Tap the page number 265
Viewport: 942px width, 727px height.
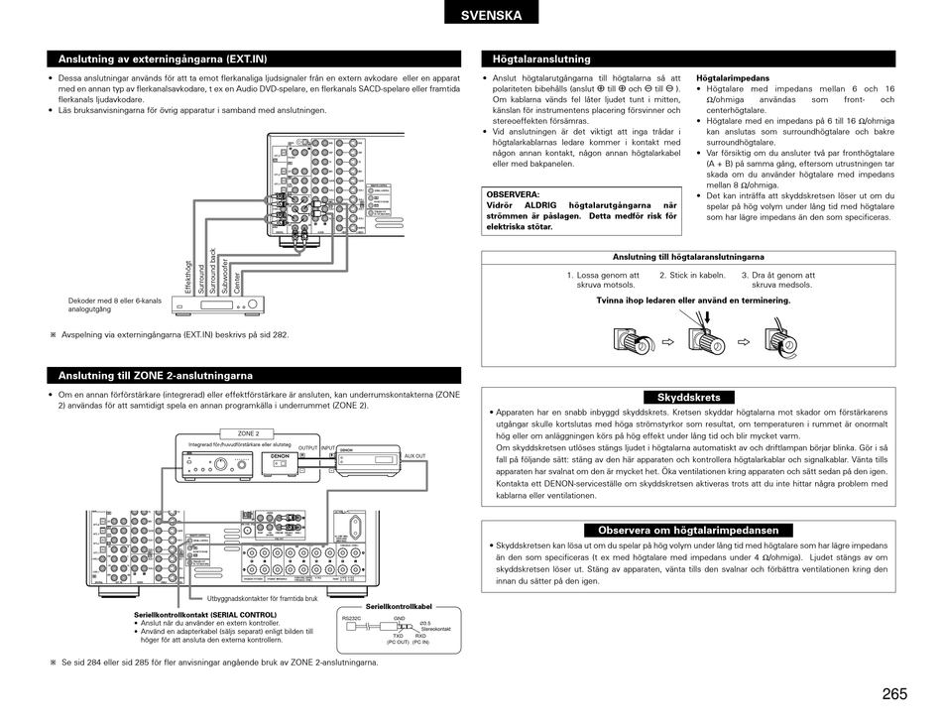tap(893, 694)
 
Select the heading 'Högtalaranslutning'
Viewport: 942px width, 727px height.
tap(541, 60)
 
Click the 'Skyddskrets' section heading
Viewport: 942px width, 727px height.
tap(688, 397)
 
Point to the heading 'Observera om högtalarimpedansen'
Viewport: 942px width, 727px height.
tap(688, 531)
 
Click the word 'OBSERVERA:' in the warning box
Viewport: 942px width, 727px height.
tap(513, 194)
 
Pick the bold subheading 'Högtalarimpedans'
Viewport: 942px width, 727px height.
tap(733, 77)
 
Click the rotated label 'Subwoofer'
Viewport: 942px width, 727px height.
tap(225, 275)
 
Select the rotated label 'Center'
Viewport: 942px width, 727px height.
tap(238, 282)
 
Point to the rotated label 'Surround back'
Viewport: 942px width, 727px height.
tap(212, 269)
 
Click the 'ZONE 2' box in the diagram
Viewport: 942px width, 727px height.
tap(248, 433)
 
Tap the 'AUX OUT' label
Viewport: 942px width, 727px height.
tap(414, 455)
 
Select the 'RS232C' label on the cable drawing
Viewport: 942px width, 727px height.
tap(352, 618)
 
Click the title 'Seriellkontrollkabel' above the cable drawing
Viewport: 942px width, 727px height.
tap(400, 606)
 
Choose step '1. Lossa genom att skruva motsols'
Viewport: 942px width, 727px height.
tap(604, 281)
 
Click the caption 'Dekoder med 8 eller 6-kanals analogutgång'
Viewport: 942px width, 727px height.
tap(115, 305)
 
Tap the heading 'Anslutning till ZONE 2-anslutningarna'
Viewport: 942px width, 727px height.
tap(156, 376)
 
